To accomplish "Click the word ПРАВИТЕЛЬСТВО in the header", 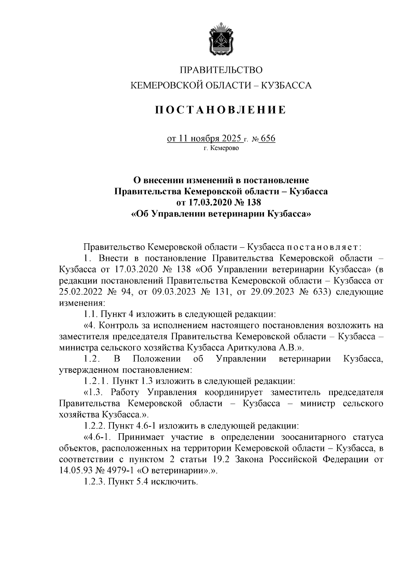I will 221,70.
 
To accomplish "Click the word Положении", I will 157,359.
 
